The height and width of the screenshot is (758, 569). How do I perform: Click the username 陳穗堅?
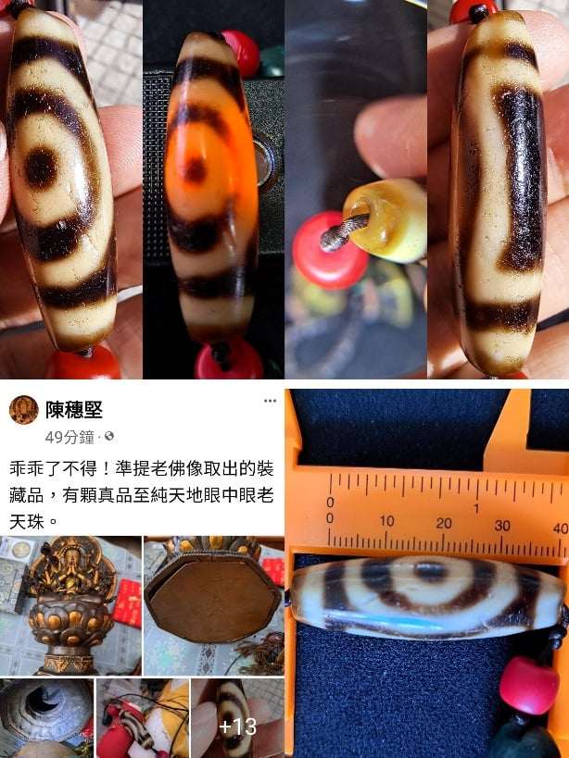74,410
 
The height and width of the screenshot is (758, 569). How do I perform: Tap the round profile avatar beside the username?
24,410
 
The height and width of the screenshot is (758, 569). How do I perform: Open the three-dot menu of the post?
270,401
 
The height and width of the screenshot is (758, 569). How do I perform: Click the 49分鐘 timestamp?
70,437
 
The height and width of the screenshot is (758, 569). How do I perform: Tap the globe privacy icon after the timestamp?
109,437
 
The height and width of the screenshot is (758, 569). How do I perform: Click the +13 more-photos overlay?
237,727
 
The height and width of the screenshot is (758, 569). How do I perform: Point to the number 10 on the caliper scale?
386,522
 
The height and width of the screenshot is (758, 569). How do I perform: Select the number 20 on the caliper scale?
444,523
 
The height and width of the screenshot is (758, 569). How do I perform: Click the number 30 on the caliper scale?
502,525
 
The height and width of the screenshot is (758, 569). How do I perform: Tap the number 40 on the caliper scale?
561,528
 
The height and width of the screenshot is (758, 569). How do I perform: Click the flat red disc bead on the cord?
331,251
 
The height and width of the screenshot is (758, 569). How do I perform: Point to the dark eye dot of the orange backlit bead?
196,169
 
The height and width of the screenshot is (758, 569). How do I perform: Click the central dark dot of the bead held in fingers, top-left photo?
41,168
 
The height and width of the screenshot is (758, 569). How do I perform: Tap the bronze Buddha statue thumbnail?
70,605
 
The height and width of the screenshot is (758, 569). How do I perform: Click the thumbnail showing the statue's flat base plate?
214,605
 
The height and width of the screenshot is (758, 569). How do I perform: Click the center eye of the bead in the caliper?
430,572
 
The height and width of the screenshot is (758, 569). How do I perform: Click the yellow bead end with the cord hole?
382,219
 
